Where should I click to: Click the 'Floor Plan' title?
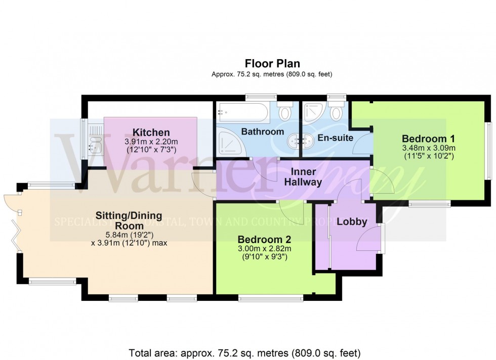[272, 64]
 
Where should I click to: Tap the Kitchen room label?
[151, 132]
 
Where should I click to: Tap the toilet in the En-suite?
[336, 112]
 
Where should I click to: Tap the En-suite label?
[335, 137]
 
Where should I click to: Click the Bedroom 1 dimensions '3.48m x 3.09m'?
[428, 148]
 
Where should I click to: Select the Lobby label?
[352, 221]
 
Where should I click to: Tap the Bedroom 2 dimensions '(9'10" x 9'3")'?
[264, 256]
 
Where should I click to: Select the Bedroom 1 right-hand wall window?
[488, 150]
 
